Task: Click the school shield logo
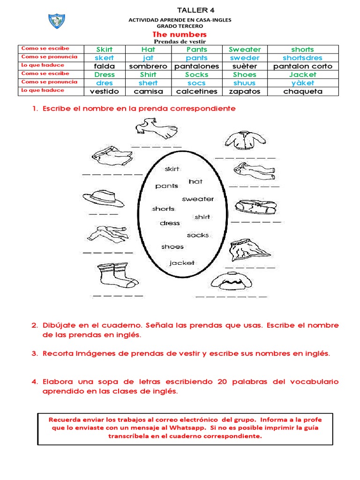point(57,20)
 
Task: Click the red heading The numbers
point(180,35)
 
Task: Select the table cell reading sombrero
point(148,66)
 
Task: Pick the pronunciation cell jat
point(148,58)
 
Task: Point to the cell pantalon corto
point(302,66)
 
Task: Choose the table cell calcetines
point(197,91)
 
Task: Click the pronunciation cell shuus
point(245,83)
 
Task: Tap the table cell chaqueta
point(302,91)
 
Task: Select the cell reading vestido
point(104,91)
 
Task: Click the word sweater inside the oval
point(198,199)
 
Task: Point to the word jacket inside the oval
point(182,262)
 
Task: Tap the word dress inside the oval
point(170,223)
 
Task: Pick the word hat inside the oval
point(195,181)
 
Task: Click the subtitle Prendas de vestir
point(180,42)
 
